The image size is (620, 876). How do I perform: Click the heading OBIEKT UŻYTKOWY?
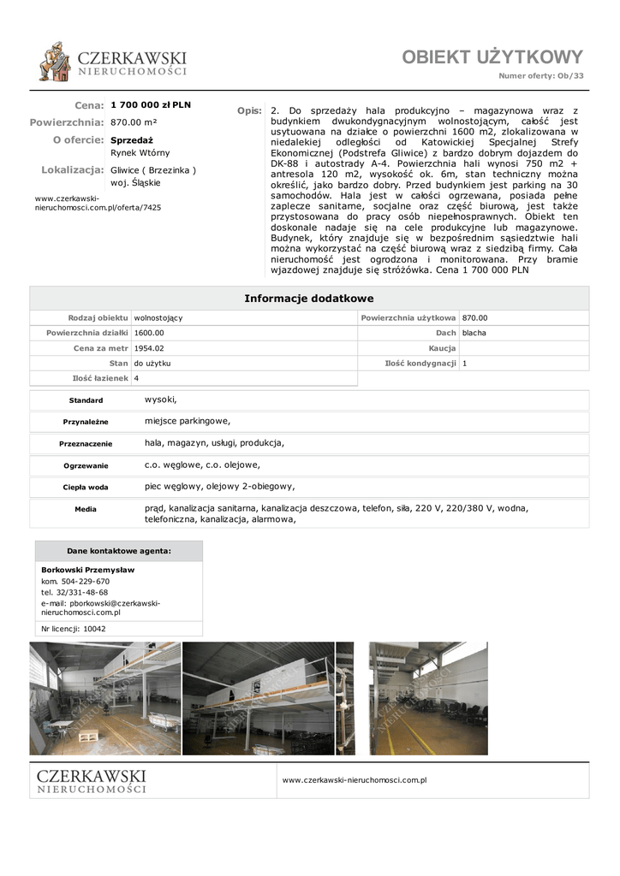coord(492,57)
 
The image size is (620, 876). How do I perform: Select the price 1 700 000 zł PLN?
coord(151,105)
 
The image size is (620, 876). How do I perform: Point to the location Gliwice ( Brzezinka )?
coord(153,170)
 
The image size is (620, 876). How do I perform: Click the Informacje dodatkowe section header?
coord(309,299)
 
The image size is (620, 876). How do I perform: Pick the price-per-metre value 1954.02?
coord(149,348)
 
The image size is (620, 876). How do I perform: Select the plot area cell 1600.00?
coord(149,333)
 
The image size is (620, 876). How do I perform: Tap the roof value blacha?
coord(474,333)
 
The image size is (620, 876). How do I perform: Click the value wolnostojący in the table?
coord(158,317)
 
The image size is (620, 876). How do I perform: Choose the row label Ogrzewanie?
coord(86,466)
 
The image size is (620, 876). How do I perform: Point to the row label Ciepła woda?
coord(86,488)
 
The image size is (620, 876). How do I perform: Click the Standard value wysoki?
coord(160,400)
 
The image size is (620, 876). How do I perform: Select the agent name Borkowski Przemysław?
coord(88,570)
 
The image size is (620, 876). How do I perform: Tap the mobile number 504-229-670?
coord(86,582)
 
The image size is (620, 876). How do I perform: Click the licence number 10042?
coord(94,629)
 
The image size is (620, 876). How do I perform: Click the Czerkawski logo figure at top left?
coord(55,62)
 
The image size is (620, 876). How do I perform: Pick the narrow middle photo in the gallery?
coord(345,698)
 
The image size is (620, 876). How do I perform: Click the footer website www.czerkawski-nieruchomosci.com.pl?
coord(355,780)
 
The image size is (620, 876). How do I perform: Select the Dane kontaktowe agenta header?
coord(119,551)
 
